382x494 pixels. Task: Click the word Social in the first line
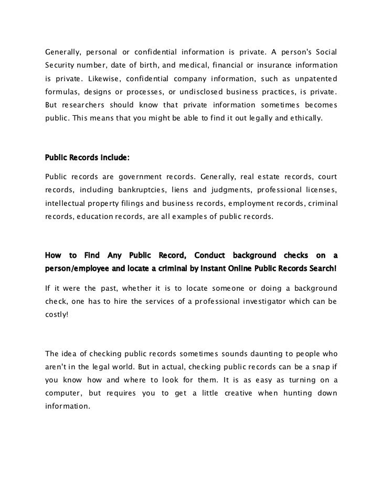click(x=325, y=53)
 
